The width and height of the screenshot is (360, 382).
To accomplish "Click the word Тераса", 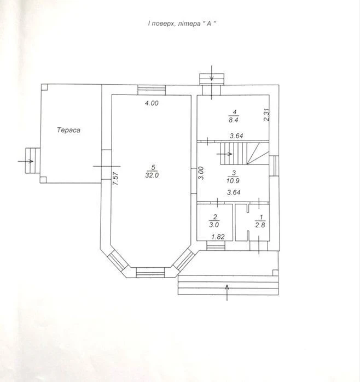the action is point(68,130).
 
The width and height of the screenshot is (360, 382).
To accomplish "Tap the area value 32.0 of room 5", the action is point(152,175).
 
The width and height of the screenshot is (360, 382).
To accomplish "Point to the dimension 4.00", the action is point(152,103).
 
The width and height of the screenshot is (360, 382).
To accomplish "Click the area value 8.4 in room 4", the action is point(234,120).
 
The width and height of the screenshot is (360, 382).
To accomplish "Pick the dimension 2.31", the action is point(267,115).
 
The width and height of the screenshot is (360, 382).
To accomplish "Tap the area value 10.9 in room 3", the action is point(233,181).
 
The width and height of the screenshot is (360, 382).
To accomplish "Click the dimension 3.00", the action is point(201,173).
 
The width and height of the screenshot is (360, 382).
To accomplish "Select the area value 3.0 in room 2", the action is point(214,225).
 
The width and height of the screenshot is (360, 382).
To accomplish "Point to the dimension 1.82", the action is point(218,237).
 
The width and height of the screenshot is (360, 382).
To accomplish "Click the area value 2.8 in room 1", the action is point(260,225).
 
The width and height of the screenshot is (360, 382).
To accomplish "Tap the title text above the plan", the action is point(182,23).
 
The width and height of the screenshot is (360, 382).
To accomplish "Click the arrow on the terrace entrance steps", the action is point(26,161).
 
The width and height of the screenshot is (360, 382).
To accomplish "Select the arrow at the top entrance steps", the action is point(212,73).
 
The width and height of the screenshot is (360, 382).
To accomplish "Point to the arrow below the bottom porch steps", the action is point(227,292).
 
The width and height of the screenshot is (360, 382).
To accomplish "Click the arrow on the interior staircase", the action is point(224,154).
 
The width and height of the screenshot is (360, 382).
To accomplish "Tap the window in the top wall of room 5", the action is point(152,90).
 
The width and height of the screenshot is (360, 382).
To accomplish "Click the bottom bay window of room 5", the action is point(150,273).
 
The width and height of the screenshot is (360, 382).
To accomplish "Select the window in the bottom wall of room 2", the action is point(216,245).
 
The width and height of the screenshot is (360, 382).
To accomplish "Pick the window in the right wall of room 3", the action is point(274,166).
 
